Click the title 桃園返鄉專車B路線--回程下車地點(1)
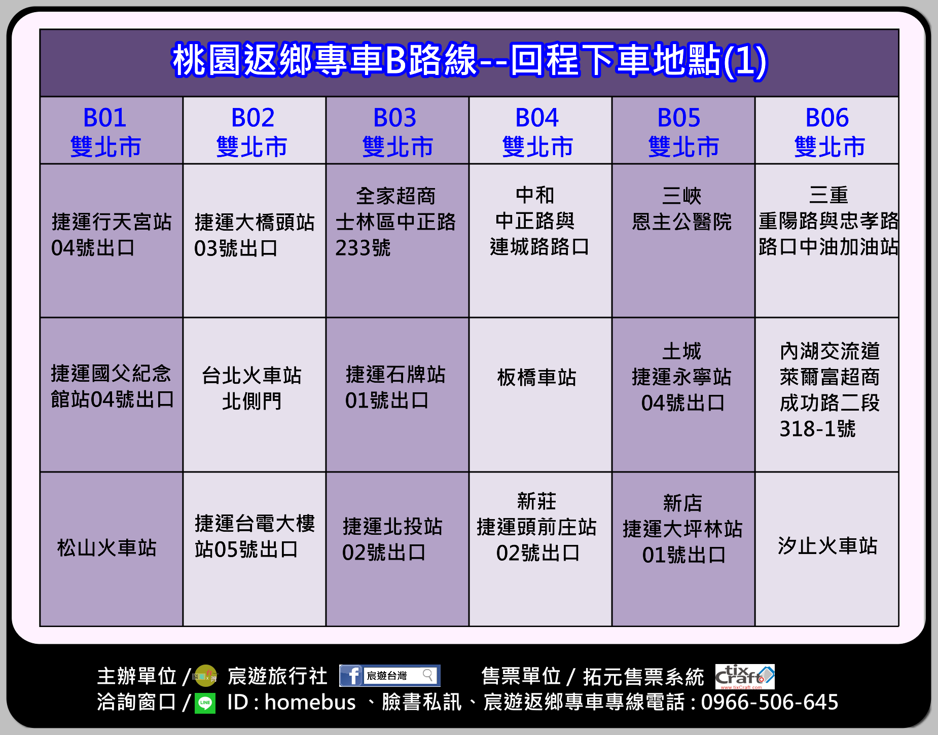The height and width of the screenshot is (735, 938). tap(469, 61)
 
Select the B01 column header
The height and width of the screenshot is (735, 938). tap(111, 130)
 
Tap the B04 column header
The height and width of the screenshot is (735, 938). tap(540, 130)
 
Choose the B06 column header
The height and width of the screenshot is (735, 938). tap(827, 130)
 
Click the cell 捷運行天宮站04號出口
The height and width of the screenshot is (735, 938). tap(111, 241)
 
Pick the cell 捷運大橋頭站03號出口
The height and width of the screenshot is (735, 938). tap(254, 241)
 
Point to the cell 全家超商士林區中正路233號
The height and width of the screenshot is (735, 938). tap(397, 241)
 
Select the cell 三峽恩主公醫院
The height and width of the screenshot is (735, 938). tap(683, 241)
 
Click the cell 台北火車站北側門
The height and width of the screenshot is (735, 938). tap(254, 395)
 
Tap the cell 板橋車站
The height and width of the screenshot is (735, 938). tap(540, 395)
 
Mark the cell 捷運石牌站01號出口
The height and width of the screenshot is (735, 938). tap(397, 395)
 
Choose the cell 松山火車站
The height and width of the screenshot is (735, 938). tap(111, 549)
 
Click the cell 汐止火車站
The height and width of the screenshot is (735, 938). tap(827, 549)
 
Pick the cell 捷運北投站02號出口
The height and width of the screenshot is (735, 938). tap(397, 549)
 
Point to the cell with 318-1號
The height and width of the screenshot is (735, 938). tap(827, 395)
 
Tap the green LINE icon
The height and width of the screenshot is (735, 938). tap(205, 703)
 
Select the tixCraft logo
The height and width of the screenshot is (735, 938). tap(745, 677)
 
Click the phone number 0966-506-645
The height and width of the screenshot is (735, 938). tap(770, 703)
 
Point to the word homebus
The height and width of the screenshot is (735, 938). tap(310, 703)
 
